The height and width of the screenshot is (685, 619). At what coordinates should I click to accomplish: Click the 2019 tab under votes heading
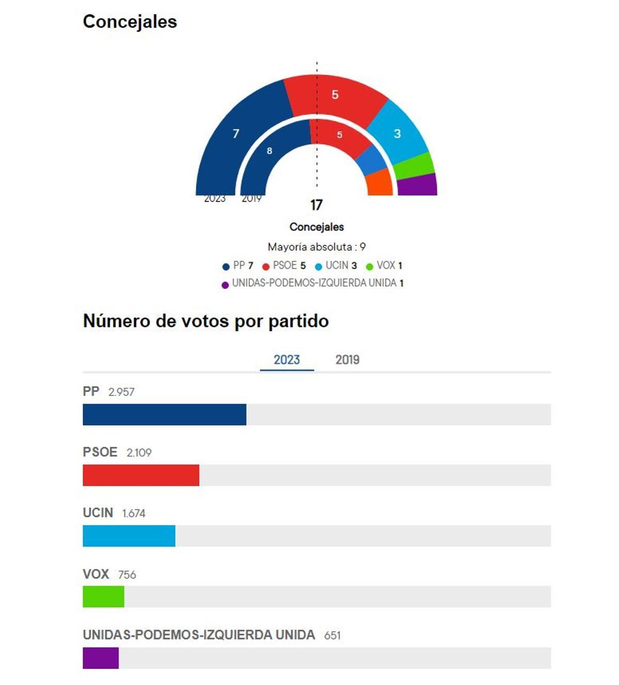[x=347, y=360]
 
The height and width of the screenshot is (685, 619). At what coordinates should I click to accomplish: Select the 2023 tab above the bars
[x=286, y=360]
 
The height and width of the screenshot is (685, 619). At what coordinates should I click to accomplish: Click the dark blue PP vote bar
[x=164, y=415]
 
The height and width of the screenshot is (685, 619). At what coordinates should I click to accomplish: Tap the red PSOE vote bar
[x=141, y=475]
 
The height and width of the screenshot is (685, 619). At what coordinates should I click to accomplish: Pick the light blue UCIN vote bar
[x=129, y=536]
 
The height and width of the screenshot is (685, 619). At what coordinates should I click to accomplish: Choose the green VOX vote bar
[x=103, y=597]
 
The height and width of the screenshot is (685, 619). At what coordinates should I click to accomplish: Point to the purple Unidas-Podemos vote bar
[x=101, y=658]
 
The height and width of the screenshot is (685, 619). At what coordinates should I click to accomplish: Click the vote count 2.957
[x=121, y=392]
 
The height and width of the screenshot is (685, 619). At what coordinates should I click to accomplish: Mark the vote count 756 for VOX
[x=127, y=575]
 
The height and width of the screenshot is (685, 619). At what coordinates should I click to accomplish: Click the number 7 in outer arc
[x=236, y=134]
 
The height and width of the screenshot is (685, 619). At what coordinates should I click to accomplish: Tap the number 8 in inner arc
[x=269, y=151]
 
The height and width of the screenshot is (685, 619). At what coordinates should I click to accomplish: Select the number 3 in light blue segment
[x=397, y=134]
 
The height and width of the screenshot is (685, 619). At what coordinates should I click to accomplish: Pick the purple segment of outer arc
[x=417, y=185]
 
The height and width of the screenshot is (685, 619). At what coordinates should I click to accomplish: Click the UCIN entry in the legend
[x=336, y=266]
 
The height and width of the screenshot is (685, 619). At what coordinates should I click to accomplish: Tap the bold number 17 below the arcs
[x=316, y=205]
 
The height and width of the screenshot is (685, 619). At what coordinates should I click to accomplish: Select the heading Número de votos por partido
[x=206, y=321]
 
